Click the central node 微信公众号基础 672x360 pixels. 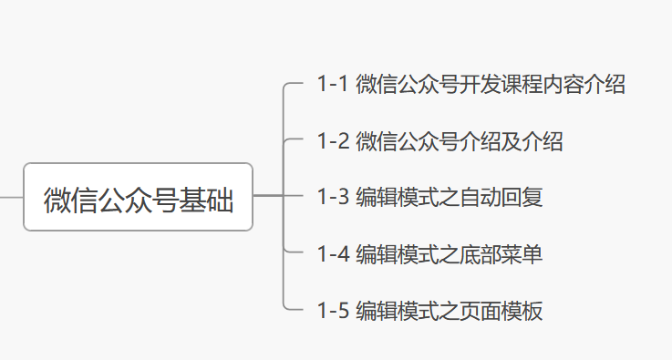tap(138, 197)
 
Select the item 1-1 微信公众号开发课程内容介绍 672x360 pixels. tap(470, 85)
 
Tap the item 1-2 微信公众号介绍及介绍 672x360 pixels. tap(439, 141)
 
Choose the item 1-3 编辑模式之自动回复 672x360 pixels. tap(429, 197)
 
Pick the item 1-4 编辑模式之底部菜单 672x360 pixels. tap(429, 253)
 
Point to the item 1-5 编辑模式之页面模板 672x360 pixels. tap(429, 310)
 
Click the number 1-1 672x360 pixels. tap(333, 85)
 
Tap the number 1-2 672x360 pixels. tap(333, 141)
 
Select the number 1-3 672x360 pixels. tap(333, 197)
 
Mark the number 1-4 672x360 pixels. tap(333, 253)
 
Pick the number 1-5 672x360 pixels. tap(333, 310)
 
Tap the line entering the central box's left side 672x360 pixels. tap(11, 196)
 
